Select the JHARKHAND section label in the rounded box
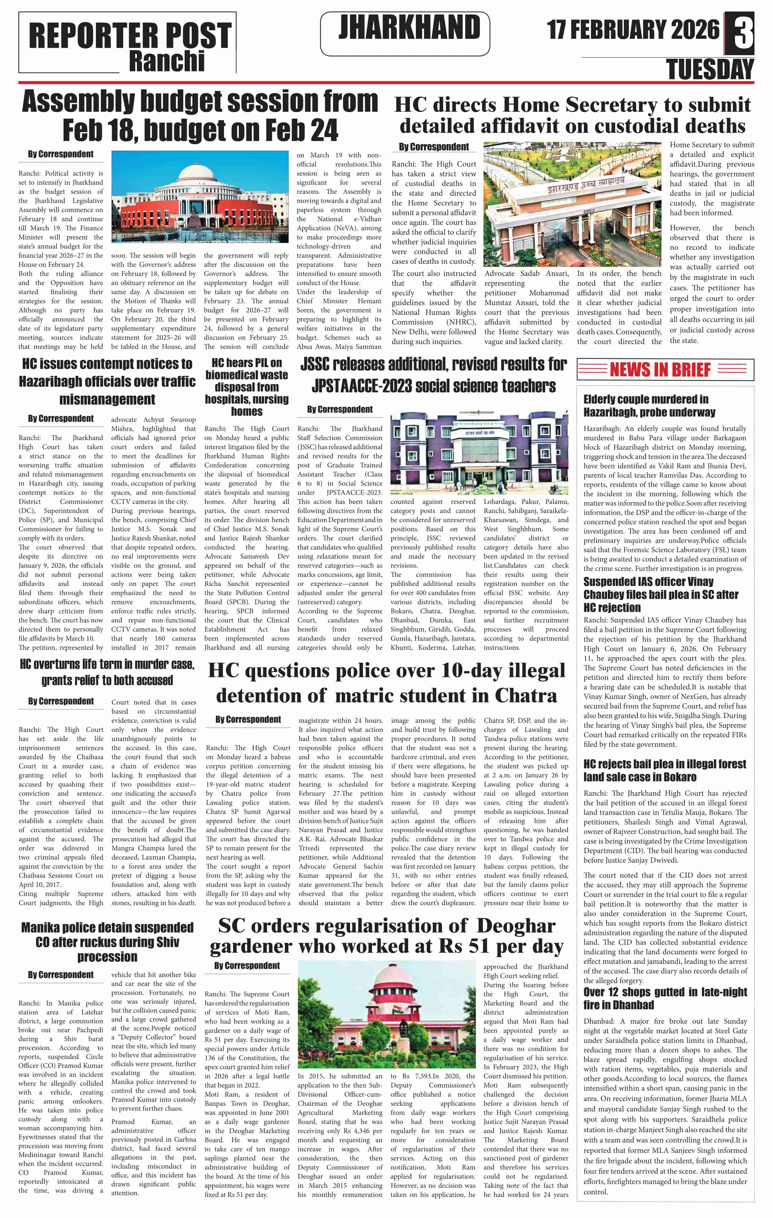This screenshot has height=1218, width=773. pyautogui.click(x=409, y=28)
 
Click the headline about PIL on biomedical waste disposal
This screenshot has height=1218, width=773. pyautogui.click(x=247, y=387)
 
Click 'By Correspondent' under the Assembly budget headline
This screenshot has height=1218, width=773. pyautogui.click(x=61, y=154)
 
